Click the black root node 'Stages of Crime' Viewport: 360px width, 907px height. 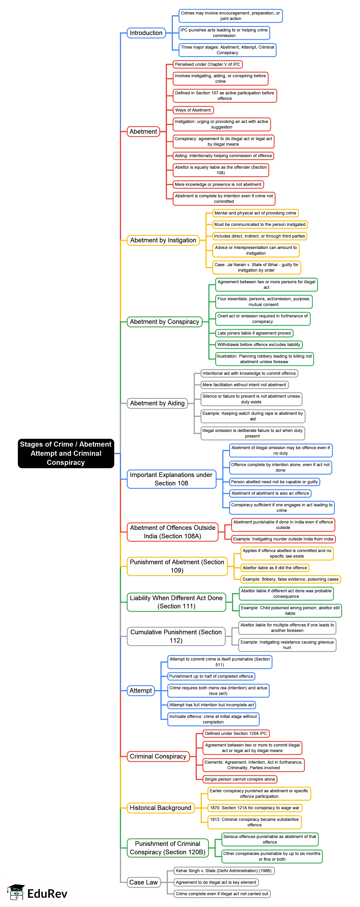[x=66, y=453]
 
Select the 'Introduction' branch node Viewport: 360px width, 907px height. [x=146, y=33]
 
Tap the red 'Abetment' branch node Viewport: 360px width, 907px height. [x=143, y=131]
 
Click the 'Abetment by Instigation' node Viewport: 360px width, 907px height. [x=163, y=240]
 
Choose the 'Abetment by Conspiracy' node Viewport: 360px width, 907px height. [x=164, y=322]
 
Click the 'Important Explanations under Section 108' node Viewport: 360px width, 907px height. [x=171, y=479]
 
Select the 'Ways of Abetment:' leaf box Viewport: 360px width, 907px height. [x=193, y=110]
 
